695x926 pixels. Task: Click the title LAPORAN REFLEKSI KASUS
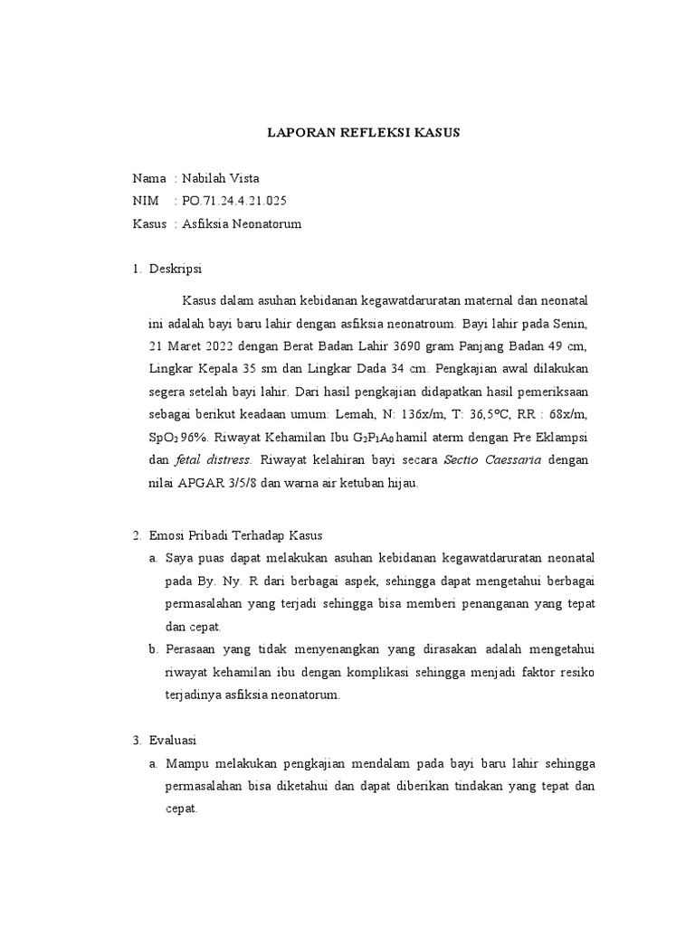click(364, 132)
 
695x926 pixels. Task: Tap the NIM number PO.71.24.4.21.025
click(240, 200)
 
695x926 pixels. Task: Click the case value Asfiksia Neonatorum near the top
click(242, 222)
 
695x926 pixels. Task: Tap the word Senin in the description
click(574, 323)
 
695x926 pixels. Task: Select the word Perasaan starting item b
click(195, 649)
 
